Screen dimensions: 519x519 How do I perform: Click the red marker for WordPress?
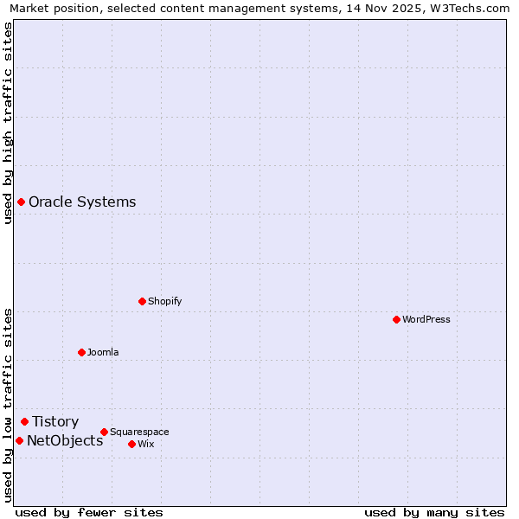click(396, 319)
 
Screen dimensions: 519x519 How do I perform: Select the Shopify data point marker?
click(142, 301)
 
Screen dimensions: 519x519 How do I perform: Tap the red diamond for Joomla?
click(81, 352)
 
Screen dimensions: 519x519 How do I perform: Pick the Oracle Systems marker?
click(21, 202)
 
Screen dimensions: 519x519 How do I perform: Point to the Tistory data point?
click(24, 421)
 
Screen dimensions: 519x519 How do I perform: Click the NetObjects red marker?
click(19, 440)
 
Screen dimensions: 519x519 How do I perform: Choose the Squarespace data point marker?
click(104, 432)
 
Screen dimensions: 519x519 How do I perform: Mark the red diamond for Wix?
click(131, 444)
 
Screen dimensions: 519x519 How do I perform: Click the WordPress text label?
click(426, 319)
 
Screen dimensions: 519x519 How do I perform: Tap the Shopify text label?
click(164, 301)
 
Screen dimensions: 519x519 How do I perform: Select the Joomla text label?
click(103, 352)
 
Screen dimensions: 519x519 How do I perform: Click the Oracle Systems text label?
click(82, 202)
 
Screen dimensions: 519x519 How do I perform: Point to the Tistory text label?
click(55, 421)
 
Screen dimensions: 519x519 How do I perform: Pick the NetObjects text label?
click(65, 440)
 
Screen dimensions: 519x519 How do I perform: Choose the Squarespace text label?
click(139, 432)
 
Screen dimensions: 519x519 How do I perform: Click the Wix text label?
click(145, 444)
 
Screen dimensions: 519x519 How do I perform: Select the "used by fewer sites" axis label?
click(89, 512)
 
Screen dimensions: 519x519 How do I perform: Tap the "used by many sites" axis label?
click(434, 512)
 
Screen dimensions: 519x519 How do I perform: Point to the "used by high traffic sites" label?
click(8, 123)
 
